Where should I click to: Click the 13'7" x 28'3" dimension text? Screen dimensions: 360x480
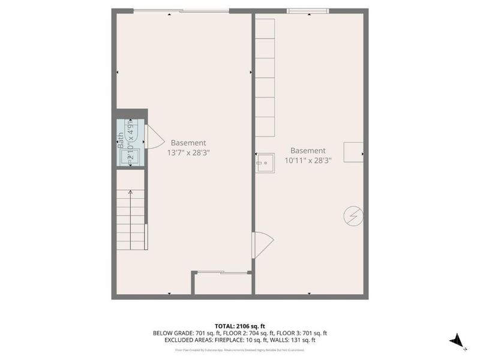188,152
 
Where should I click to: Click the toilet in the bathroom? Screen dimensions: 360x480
134,130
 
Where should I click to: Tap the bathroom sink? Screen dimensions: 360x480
130,157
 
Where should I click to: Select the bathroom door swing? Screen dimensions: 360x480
154,137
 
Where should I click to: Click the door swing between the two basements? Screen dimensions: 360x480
262,244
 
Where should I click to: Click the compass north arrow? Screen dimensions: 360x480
457,340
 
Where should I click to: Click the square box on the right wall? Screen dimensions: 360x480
353,152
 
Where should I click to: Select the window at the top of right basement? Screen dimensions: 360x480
308,11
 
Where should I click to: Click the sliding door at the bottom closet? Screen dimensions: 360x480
223,273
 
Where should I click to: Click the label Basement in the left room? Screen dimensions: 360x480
188,143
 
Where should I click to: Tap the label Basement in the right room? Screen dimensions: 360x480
308,151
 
